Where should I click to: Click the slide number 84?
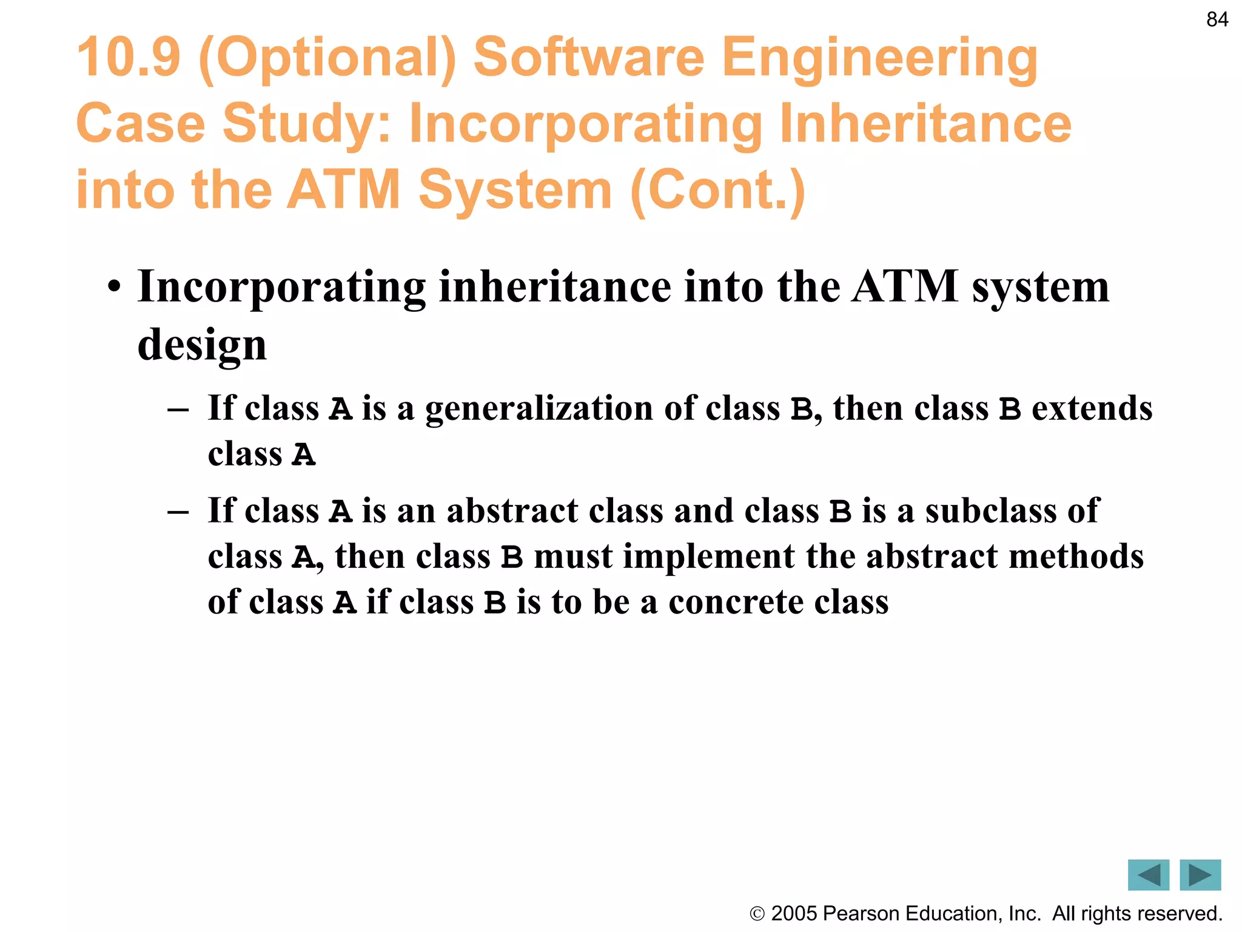click(1217, 20)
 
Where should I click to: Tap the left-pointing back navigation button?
click(1148, 874)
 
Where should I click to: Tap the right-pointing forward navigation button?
click(1200, 874)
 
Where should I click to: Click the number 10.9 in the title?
click(129, 58)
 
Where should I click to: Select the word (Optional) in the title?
click(327, 59)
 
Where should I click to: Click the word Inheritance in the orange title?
click(925, 124)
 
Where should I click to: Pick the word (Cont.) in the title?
click(718, 190)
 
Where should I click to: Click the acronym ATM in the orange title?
click(343, 190)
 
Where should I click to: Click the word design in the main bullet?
click(202, 345)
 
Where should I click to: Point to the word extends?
click(1092, 408)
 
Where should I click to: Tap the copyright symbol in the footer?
click(757, 914)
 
